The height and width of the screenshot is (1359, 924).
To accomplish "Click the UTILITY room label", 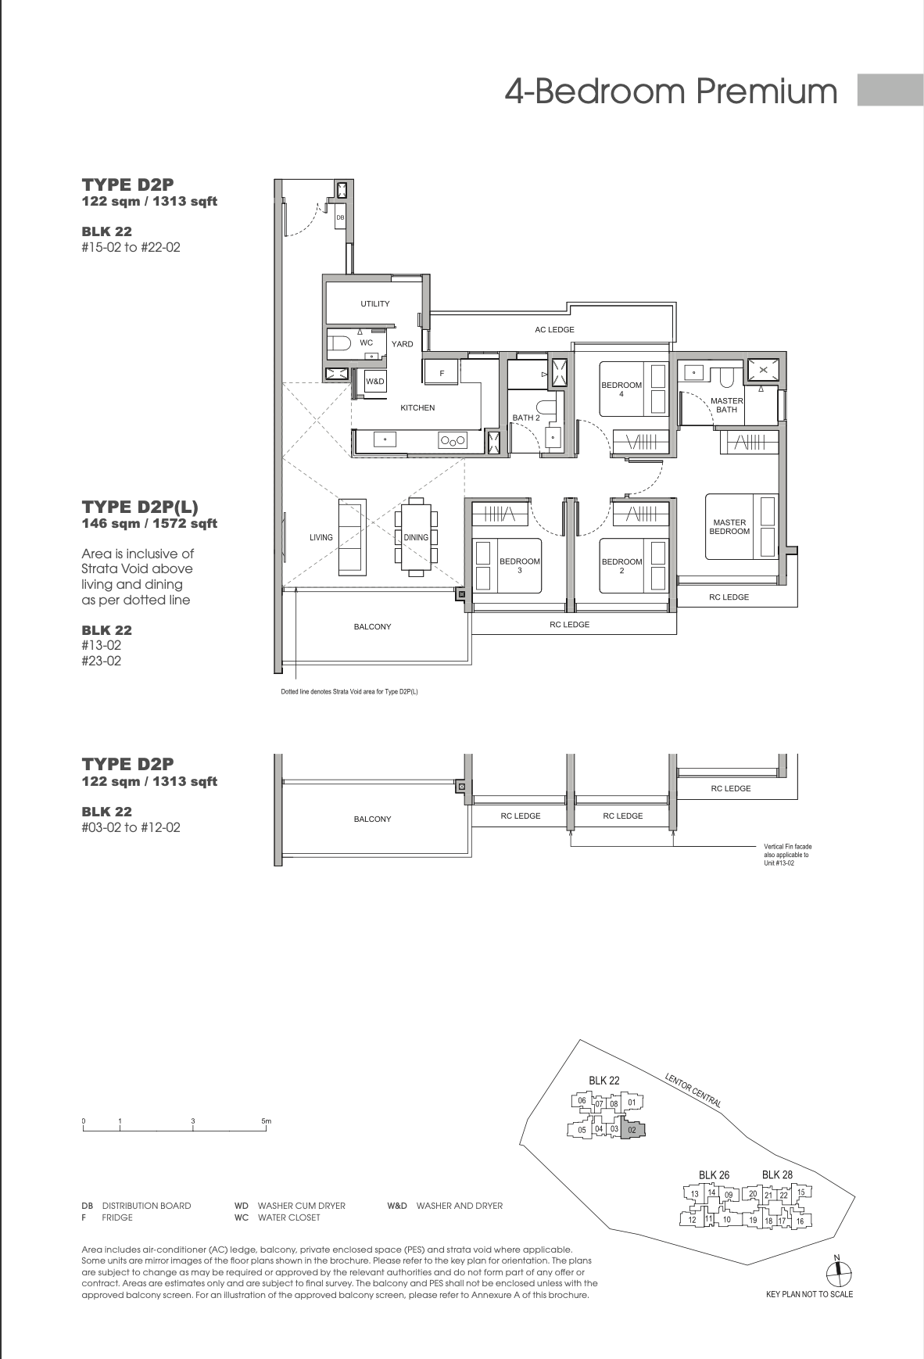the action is tap(375, 303).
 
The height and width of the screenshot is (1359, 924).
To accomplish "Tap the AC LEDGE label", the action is tap(554, 330).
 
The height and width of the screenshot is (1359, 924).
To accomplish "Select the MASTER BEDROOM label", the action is tap(729, 527).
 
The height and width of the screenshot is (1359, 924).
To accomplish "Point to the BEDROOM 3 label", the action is tap(520, 565).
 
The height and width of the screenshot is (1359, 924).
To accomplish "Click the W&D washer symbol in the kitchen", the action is tap(375, 382).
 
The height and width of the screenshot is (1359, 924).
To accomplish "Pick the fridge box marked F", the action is tap(442, 373).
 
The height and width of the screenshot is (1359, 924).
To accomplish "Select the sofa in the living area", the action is tap(350, 536).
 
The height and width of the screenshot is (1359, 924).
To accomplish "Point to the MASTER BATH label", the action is tap(726, 405).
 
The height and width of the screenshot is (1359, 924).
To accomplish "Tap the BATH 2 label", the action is tap(526, 418).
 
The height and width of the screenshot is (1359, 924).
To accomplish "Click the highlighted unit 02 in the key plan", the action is tap(632, 1129).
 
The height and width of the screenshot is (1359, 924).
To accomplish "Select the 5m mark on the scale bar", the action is tap(266, 1121).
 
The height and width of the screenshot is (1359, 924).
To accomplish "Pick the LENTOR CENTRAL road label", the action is tap(693, 1089).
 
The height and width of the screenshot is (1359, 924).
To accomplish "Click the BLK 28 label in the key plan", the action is tap(777, 1174).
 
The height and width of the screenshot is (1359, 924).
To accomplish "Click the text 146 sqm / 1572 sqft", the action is tap(149, 523).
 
